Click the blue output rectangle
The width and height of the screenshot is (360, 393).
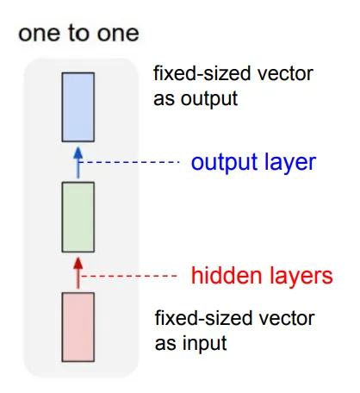(78, 107)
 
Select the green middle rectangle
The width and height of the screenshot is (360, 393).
(78, 217)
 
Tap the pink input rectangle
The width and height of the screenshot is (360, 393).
(78, 327)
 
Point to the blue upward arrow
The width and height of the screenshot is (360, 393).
(78, 163)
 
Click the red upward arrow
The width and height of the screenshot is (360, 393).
(78, 273)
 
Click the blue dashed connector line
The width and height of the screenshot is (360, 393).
(130, 162)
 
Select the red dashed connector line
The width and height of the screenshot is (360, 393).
(129, 276)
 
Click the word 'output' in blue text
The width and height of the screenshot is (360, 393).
(225, 163)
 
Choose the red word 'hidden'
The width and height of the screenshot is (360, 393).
(227, 275)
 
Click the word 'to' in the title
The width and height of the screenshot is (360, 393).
(78, 33)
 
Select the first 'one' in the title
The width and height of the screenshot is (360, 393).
(40, 34)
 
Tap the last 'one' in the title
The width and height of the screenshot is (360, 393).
(118, 34)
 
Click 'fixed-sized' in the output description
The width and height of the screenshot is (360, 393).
(202, 73)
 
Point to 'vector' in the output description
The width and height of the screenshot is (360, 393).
(285, 74)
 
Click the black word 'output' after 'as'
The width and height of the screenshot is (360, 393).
(209, 99)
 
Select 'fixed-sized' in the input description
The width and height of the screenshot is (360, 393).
(203, 318)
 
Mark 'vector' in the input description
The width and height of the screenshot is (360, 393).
(287, 319)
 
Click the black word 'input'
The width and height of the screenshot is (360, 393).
(204, 343)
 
